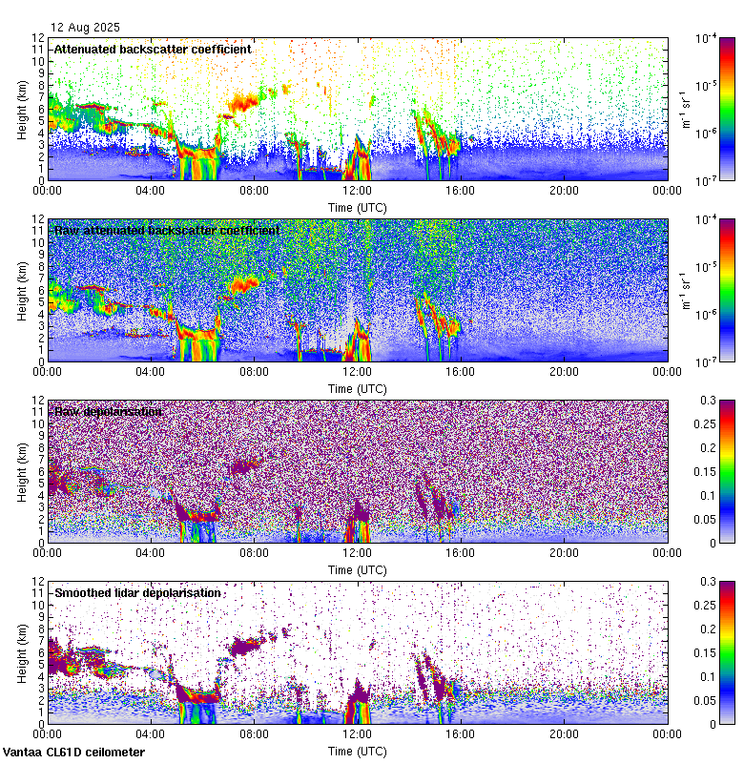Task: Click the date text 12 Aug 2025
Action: coord(87,27)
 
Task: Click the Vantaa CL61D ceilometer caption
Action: coord(74,753)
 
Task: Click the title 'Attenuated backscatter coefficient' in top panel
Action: coord(153,49)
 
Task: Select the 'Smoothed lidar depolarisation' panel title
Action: coord(138,592)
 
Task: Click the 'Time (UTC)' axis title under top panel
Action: coord(358,207)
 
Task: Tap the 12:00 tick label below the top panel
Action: coord(358,191)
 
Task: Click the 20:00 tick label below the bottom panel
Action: coord(564,734)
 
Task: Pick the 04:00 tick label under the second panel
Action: coord(151,372)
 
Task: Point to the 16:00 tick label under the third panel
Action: coord(461,553)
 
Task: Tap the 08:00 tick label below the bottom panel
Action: coord(254,734)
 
